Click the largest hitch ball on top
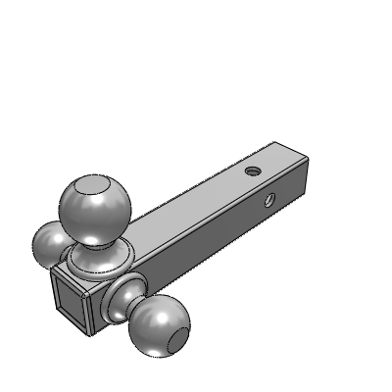coord(95,208)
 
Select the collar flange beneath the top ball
coord(98,261)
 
